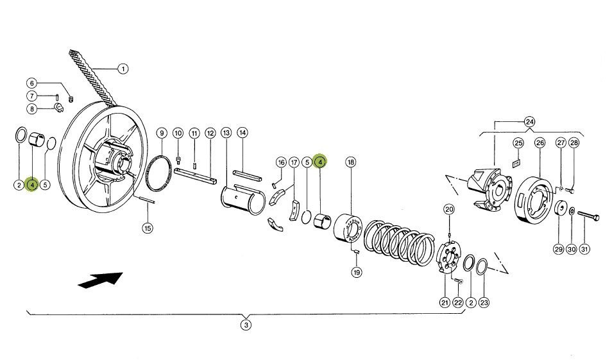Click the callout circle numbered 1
[x=123, y=69]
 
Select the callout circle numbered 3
[x=246, y=325]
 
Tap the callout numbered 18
[x=351, y=162]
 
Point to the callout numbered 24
[x=530, y=122]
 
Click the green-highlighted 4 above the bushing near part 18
[x=320, y=161]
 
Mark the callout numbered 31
[x=584, y=249]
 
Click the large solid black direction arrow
[x=101, y=280]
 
